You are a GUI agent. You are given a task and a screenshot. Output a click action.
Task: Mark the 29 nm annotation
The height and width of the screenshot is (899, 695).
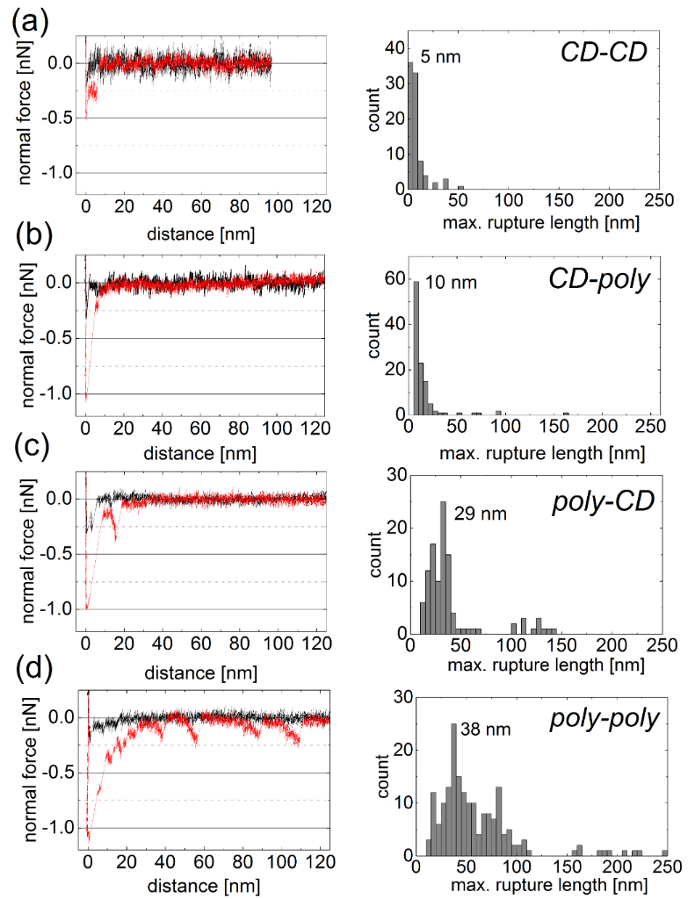[481, 514]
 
